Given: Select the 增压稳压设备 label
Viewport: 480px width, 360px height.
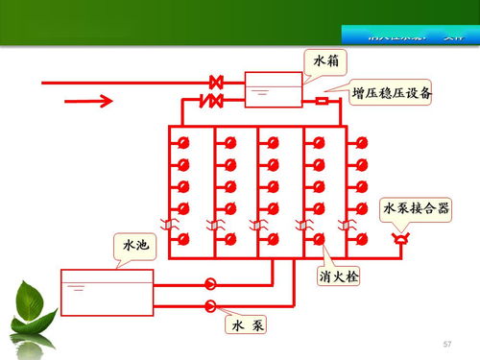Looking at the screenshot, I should tap(390, 93).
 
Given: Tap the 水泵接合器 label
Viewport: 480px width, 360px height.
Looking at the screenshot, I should tap(416, 208).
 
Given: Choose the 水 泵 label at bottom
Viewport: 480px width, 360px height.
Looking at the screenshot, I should tap(246, 325).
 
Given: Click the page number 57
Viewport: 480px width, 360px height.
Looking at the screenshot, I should tap(446, 344).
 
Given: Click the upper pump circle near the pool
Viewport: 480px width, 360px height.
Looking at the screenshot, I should tap(210, 284).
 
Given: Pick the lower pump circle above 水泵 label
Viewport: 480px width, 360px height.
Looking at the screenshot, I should tap(210, 305).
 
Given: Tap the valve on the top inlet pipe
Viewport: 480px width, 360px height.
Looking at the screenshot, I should tap(217, 83).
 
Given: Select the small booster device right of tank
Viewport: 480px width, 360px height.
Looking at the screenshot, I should tap(322, 101).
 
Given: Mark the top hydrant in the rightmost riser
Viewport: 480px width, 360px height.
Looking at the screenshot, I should tap(362, 143).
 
